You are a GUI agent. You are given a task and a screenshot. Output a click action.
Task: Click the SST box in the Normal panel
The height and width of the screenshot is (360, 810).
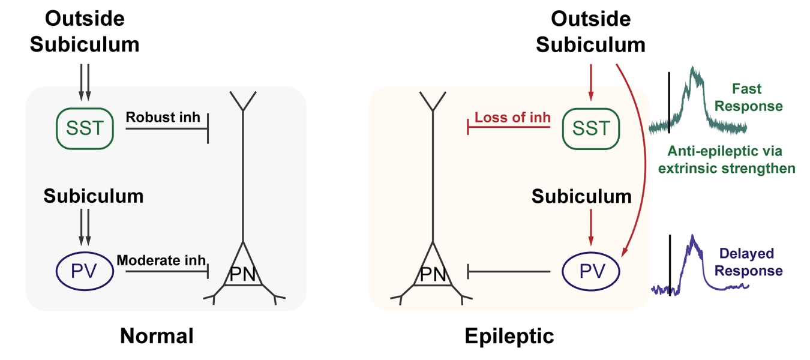(85, 127)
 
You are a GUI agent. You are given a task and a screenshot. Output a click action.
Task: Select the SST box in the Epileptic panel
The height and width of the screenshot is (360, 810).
(591, 127)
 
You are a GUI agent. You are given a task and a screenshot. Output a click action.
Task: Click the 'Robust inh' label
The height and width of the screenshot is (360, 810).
(163, 117)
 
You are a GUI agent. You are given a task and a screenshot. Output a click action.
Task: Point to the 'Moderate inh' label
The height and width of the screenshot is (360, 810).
(161, 261)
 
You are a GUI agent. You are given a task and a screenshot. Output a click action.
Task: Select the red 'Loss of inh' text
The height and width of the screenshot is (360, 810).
(512, 117)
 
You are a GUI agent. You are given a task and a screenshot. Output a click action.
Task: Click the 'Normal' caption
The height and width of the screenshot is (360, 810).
(157, 335)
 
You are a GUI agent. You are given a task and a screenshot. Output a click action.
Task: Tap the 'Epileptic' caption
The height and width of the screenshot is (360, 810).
(509, 335)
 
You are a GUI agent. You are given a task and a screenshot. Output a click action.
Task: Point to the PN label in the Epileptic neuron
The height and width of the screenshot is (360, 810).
(433, 275)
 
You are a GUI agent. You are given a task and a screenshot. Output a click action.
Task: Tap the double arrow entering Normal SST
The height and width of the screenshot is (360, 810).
(85, 85)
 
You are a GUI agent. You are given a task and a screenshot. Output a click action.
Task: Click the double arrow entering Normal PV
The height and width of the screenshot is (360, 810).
(85, 227)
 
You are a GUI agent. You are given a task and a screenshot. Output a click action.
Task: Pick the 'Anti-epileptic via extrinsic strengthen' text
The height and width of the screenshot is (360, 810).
(726, 159)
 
